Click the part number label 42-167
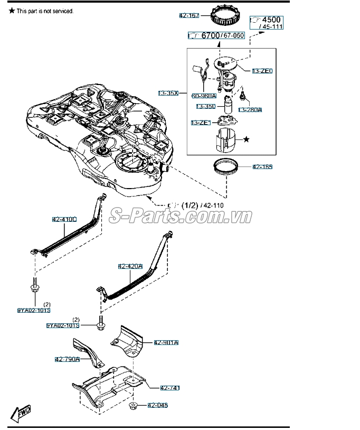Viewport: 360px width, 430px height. pos(189,16)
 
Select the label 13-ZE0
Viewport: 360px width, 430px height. pos(262,70)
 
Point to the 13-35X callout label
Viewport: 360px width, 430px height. pos(168,93)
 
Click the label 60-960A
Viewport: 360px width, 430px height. pos(204,96)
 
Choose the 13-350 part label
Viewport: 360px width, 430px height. pos(206,106)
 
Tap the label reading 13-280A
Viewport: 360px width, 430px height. pos(250,110)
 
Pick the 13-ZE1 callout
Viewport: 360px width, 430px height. pos(201,123)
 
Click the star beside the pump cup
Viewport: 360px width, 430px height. pos(245,139)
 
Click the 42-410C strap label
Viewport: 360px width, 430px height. pos(64,219)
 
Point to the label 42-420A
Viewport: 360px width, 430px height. pos(130,267)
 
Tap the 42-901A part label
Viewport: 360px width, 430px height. pos(166,343)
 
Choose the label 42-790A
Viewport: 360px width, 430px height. pos(67,359)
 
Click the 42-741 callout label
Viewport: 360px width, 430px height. pos(170,388)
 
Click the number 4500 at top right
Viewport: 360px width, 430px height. pos(272,20)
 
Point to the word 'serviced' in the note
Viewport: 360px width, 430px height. pos(62,11)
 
